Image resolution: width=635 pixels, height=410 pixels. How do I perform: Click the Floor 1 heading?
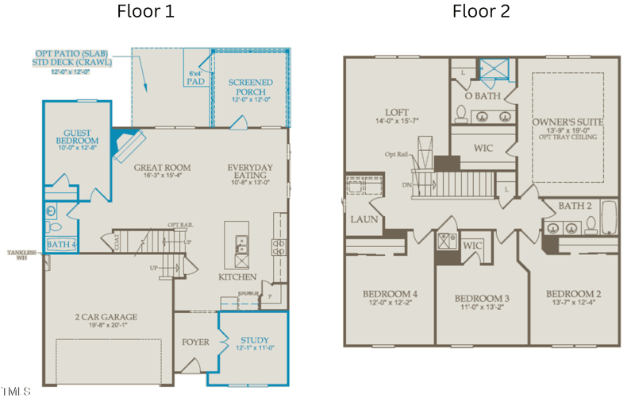[x=145, y=11]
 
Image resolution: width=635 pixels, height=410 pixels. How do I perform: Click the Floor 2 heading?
[x=481, y=11]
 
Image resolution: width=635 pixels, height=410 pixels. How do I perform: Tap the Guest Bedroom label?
[x=77, y=137]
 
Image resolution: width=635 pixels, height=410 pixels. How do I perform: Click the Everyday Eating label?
[x=250, y=168]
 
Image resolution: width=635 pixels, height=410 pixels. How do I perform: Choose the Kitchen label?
[x=237, y=277]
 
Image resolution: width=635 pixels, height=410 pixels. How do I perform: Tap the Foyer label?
[x=195, y=342]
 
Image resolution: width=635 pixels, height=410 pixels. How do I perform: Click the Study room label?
[x=254, y=341]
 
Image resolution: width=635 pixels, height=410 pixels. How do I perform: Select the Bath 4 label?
[x=61, y=245]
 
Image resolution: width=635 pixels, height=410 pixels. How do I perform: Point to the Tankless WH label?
[x=21, y=255]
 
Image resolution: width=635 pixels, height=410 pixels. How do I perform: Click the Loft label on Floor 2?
[x=397, y=113]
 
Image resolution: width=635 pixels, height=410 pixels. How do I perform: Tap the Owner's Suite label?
[x=568, y=122]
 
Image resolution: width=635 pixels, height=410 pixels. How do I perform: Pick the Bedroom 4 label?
[x=389, y=294]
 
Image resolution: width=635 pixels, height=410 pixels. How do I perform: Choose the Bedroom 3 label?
[x=482, y=299]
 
